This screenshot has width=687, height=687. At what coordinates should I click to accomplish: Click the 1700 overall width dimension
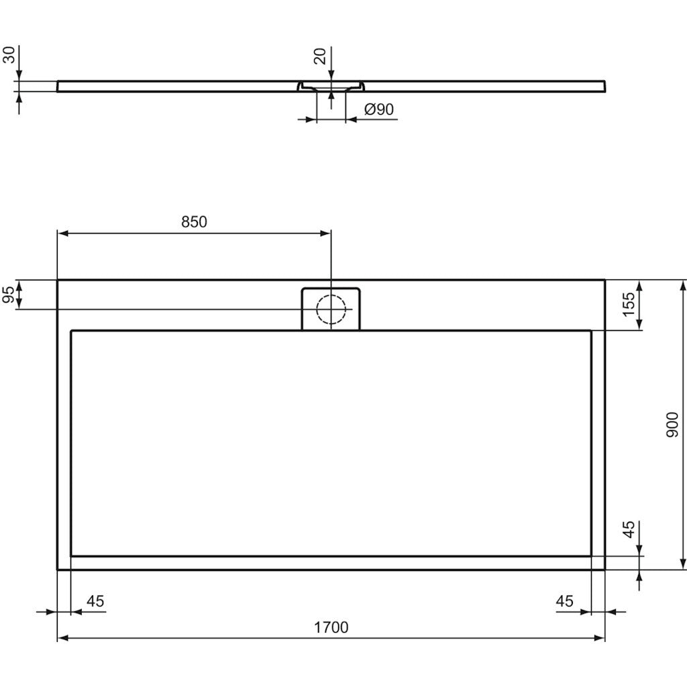point(331,627)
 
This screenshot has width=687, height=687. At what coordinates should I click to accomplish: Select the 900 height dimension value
point(672,425)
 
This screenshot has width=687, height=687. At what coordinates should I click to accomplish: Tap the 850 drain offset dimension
point(194,222)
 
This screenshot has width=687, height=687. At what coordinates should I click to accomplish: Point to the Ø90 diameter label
point(379,109)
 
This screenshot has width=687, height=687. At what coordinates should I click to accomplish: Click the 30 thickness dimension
point(9,55)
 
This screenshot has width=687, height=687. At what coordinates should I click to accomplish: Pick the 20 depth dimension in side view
point(321,56)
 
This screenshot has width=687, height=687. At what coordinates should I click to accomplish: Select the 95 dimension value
point(8,295)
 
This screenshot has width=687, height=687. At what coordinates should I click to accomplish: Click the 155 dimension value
point(628,304)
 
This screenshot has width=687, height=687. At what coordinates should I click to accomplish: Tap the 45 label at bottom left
point(95,601)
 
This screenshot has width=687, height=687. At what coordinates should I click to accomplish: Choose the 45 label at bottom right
point(565,601)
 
